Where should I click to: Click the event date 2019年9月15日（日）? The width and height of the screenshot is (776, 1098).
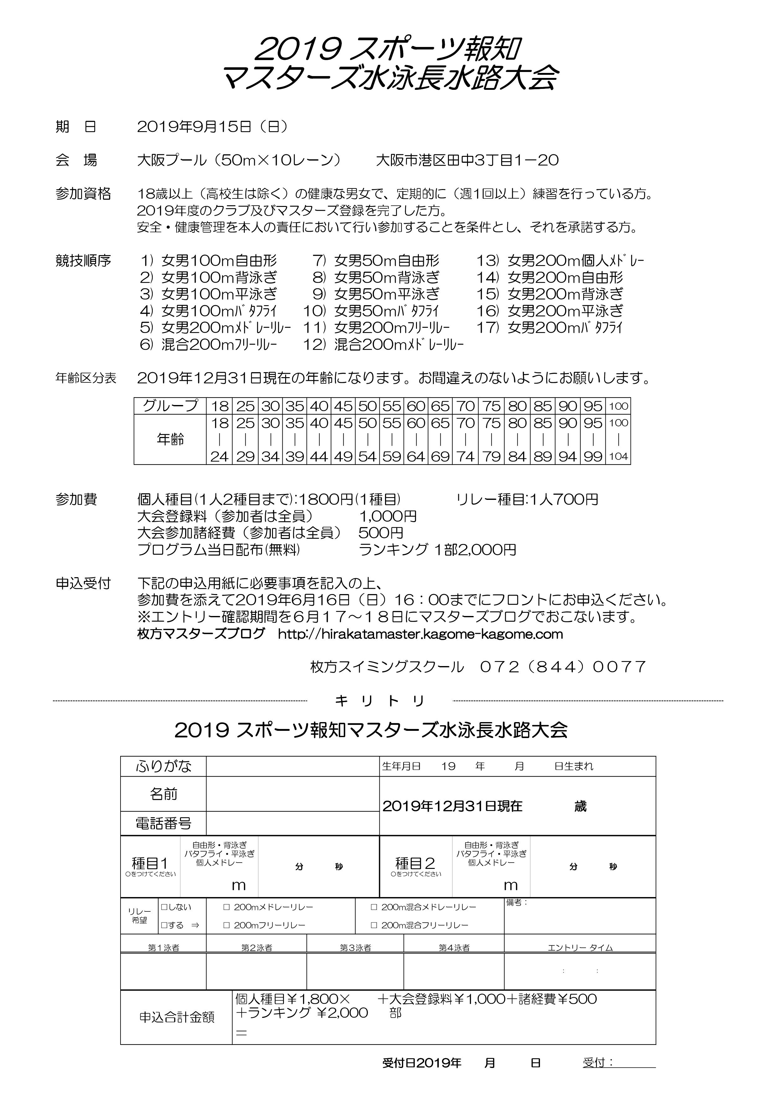coord(212,127)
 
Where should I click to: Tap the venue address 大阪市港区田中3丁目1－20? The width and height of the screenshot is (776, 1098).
coord(467,160)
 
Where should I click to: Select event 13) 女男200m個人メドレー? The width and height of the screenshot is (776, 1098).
coord(560,261)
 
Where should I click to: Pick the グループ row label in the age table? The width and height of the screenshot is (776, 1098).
coord(170,406)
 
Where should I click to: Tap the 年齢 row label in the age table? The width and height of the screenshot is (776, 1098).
coord(170,439)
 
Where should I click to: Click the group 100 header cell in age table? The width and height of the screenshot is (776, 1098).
coord(618,406)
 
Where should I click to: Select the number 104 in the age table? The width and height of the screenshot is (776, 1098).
coord(618,456)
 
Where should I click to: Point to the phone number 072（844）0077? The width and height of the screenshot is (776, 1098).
coord(563,667)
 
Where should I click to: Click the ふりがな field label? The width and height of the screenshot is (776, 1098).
coord(163,767)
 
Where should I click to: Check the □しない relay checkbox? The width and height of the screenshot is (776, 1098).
coord(164,907)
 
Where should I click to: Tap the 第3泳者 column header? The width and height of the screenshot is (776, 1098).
coord(355,947)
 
